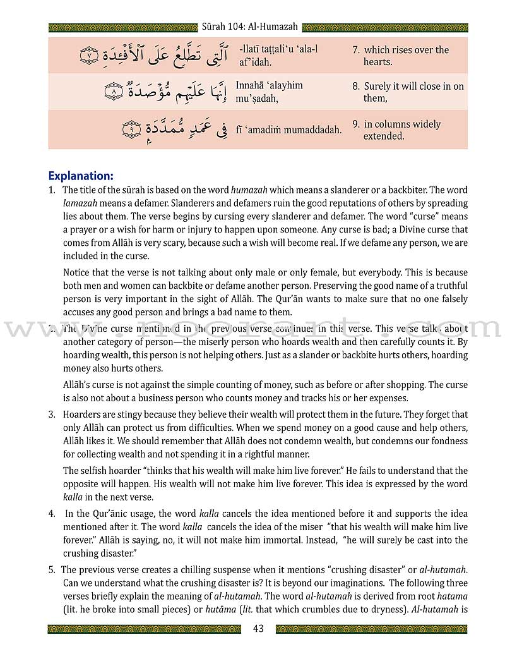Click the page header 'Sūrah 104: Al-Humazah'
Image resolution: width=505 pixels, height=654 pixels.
[x=252, y=27]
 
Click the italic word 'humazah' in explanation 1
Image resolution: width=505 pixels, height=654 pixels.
[x=247, y=190]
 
